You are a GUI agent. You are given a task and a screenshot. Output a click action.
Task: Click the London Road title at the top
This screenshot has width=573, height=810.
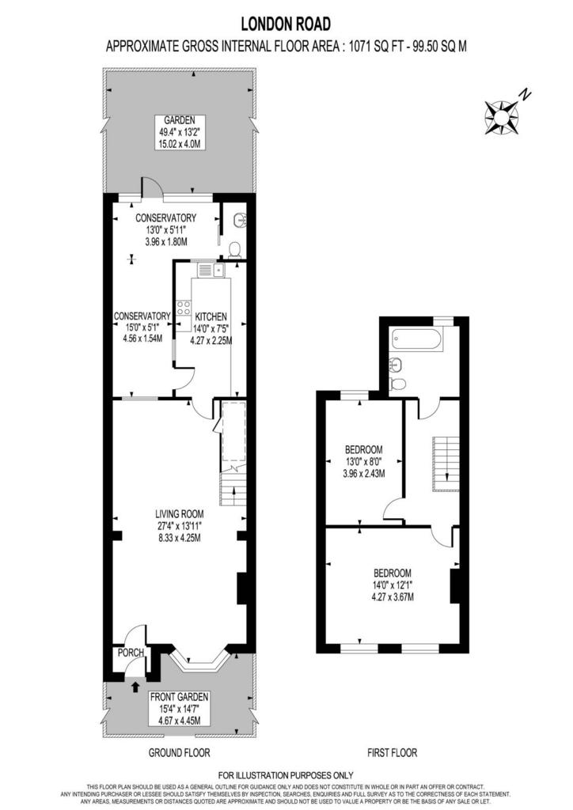286,24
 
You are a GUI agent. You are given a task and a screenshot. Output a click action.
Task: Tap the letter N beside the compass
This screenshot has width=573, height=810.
526,95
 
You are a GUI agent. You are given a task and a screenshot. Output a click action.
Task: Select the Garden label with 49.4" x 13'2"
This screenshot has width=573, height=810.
180,132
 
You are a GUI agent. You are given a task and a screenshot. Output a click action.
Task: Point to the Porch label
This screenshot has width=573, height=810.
131,653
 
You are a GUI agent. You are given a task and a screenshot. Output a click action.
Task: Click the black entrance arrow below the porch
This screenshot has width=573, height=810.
136,687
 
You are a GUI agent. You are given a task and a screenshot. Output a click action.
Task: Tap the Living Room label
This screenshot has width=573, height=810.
180,526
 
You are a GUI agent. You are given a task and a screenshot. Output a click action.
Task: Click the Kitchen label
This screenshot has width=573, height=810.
211,328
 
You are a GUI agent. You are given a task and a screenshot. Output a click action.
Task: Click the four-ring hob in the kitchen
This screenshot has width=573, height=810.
184,308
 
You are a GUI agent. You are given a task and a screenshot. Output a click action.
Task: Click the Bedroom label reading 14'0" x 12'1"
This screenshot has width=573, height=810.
393,585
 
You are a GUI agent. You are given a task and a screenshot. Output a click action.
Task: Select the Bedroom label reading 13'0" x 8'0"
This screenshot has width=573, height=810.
364,461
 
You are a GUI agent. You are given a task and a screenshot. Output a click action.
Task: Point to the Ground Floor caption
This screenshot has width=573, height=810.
180,753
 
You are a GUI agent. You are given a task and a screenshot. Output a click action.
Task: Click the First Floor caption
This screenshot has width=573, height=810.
393,753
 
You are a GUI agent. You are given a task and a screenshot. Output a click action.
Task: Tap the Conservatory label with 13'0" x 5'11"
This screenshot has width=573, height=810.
166,229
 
